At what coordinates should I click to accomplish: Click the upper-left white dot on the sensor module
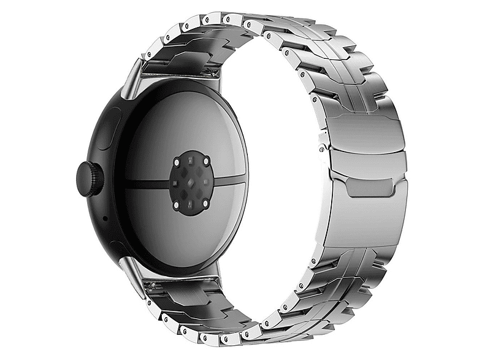(x=177, y=164)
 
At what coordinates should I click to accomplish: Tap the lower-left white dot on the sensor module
(x=177, y=202)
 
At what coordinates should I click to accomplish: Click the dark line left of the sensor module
(x=147, y=183)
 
